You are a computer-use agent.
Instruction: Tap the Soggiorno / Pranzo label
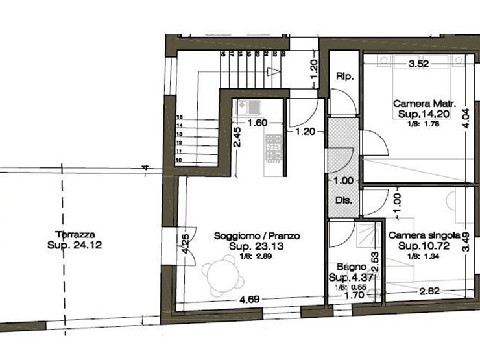coord(256,237)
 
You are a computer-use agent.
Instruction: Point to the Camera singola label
coord(424,236)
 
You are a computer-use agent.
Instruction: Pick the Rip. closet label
coord(344,77)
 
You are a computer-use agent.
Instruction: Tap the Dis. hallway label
coord(344,200)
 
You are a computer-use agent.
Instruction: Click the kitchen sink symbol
coord(249,106)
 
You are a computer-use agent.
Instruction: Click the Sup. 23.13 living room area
coord(257,247)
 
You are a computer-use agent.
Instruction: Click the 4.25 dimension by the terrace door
coord(186,243)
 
